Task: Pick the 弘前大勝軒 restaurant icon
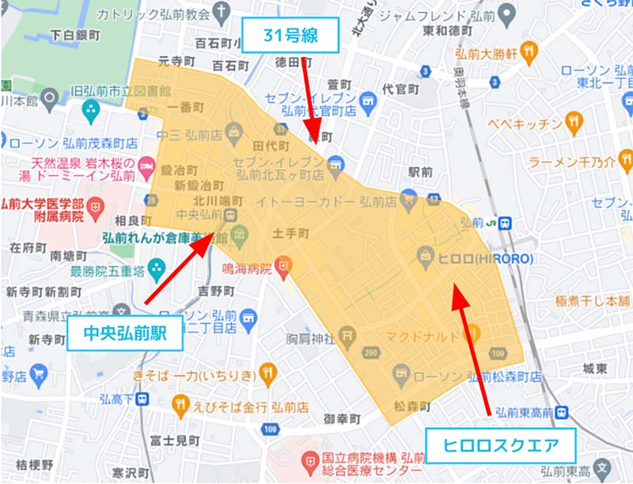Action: point(529,52)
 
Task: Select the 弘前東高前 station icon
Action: point(561,411)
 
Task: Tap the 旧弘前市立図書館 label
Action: point(121,90)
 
